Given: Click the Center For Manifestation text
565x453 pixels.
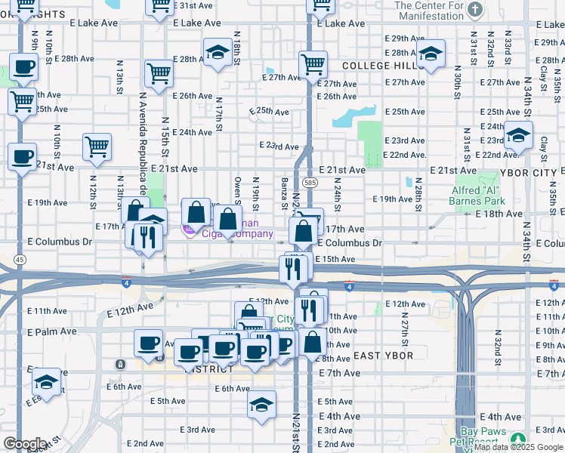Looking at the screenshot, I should point(430,11).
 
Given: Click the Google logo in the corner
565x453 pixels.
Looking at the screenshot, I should point(24,444).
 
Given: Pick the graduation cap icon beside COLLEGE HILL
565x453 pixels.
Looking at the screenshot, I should point(431,54).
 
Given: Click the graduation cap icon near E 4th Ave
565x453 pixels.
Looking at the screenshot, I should point(261,404).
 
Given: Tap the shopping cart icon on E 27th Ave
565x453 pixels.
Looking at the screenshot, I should point(312,65).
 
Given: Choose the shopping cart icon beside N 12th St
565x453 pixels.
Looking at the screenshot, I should point(97,147).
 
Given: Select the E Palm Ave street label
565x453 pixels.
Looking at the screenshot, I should point(52,331).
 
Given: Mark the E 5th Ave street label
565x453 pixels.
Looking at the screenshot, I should point(168,401).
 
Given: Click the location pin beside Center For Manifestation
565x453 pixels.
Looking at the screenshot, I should point(474,10).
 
